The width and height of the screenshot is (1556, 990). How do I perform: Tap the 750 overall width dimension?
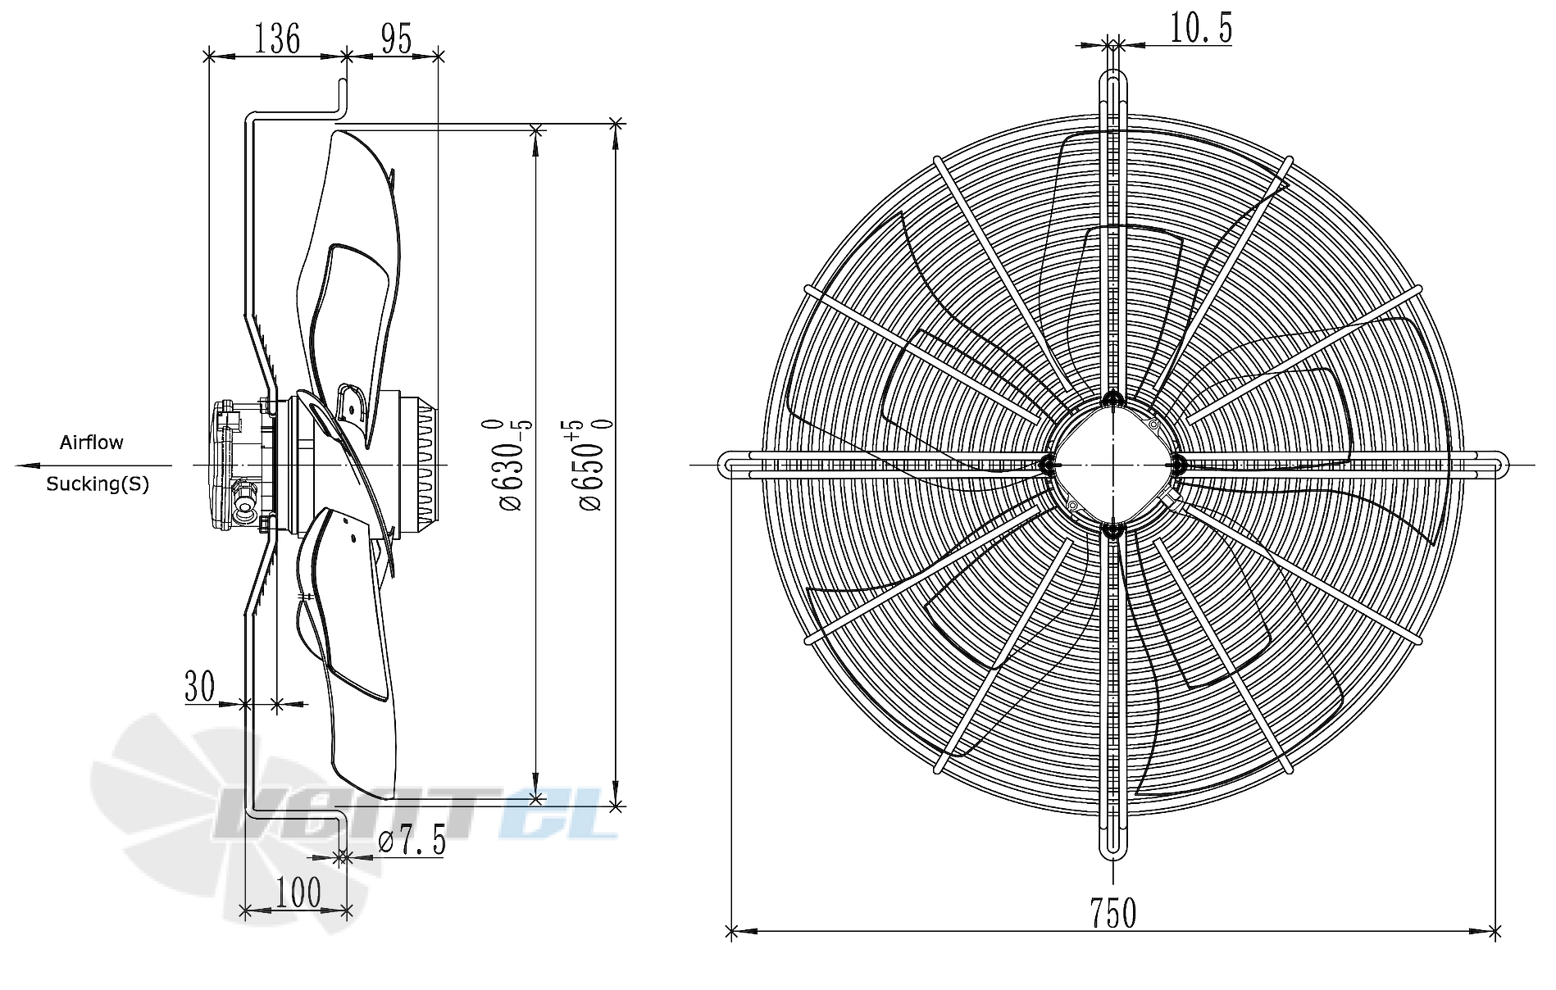tap(1112, 912)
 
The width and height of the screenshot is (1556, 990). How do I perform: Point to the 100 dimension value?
tap(298, 892)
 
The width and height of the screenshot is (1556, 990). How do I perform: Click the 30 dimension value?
tap(199, 686)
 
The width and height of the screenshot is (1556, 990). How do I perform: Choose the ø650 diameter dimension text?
tap(594, 465)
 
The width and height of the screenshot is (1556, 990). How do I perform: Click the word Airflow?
tap(92, 443)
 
